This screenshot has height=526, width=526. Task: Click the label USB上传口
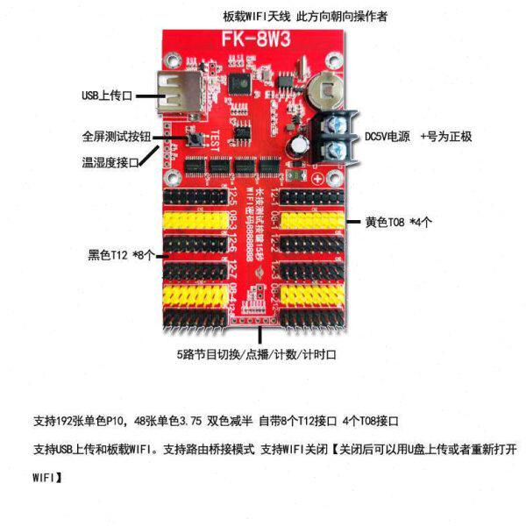104,95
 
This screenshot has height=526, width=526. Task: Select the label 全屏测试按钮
112,138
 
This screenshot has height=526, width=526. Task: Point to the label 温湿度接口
111,161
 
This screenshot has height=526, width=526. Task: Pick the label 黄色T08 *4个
400,221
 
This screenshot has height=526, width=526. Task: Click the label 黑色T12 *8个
121,255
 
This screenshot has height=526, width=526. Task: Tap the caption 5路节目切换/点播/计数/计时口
256,355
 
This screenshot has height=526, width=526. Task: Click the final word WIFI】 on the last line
46,479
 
